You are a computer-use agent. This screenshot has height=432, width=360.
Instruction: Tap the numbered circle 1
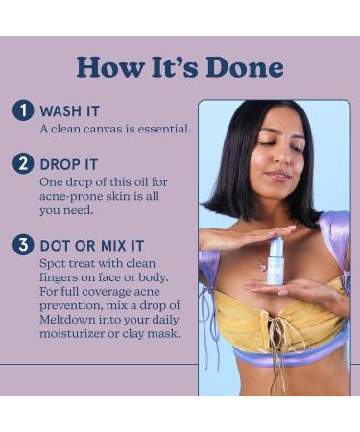click(23, 110)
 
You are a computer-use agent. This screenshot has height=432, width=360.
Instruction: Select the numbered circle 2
click(23, 163)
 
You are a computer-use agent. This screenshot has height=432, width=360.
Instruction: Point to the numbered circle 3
click(23, 245)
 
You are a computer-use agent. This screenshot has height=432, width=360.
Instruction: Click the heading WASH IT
click(69, 111)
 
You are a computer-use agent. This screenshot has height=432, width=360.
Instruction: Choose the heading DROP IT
click(68, 164)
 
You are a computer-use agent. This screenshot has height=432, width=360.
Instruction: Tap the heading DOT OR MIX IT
click(92, 246)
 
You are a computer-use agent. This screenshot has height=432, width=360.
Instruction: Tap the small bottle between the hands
click(275, 262)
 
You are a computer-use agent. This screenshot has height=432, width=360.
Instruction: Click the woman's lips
click(278, 175)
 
